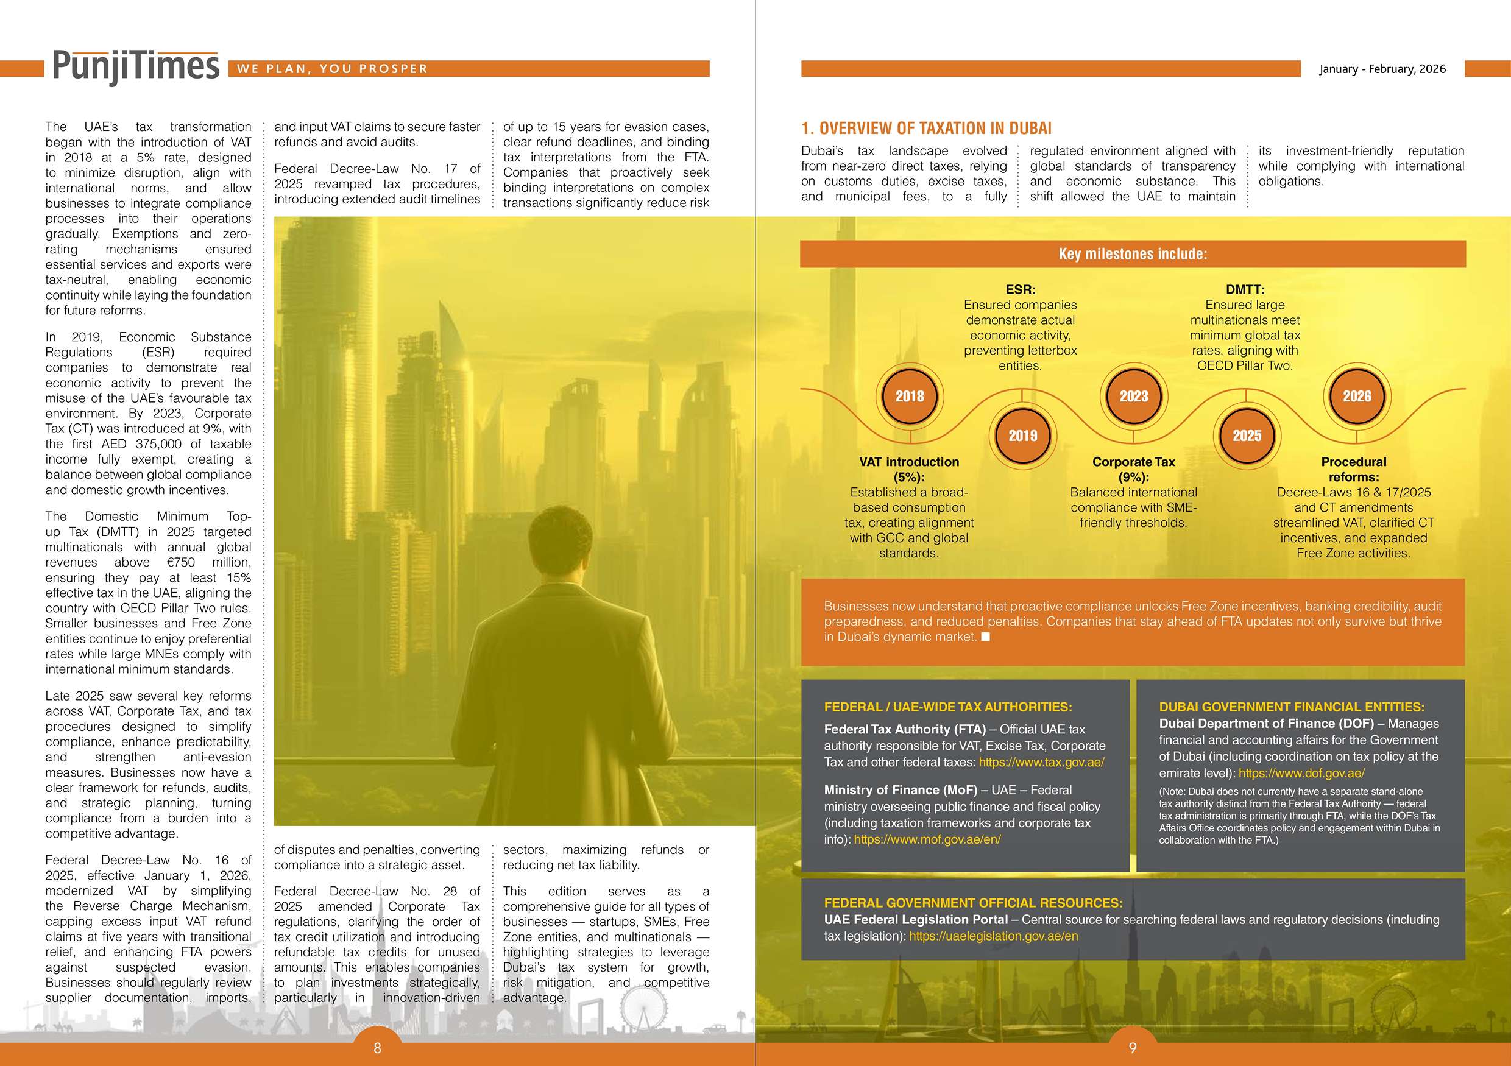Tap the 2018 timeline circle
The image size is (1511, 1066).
click(x=910, y=396)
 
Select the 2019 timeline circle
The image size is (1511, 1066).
click(x=1022, y=436)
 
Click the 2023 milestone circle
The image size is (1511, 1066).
click(x=1133, y=396)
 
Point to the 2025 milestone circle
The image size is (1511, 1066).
click(x=1247, y=436)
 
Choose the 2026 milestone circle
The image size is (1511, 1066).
click(x=1357, y=396)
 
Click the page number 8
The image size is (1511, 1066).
click(x=377, y=1048)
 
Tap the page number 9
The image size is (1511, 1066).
click(x=1133, y=1048)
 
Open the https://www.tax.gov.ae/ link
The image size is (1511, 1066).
click(x=1041, y=763)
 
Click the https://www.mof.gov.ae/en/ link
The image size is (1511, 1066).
click(x=927, y=839)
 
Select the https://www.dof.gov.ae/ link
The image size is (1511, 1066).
click(x=1301, y=773)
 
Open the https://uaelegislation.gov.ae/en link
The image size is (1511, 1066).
click(x=993, y=936)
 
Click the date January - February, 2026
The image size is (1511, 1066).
click(x=1382, y=69)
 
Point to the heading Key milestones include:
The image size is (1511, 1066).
click(x=1133, y=254)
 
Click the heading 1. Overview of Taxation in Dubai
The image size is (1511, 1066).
click(x=926, y=129)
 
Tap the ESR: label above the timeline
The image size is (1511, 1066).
click(x=1020, y=289)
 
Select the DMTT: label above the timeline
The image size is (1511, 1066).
click(x=1245, y=289)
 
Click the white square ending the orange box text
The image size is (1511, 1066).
click(x=985, y=637)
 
